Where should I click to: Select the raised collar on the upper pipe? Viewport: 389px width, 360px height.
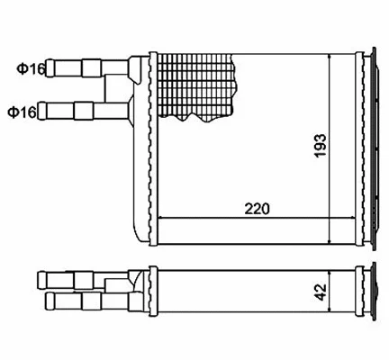[x=92, y=67]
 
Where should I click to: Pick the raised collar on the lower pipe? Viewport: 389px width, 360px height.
[x=83, y=112]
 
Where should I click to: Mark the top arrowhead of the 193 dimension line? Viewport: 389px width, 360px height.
[x=334, y=58]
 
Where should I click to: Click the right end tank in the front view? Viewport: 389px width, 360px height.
[x=367, y=148]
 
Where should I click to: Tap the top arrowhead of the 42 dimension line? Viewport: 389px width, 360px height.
[x=334, y=272]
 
